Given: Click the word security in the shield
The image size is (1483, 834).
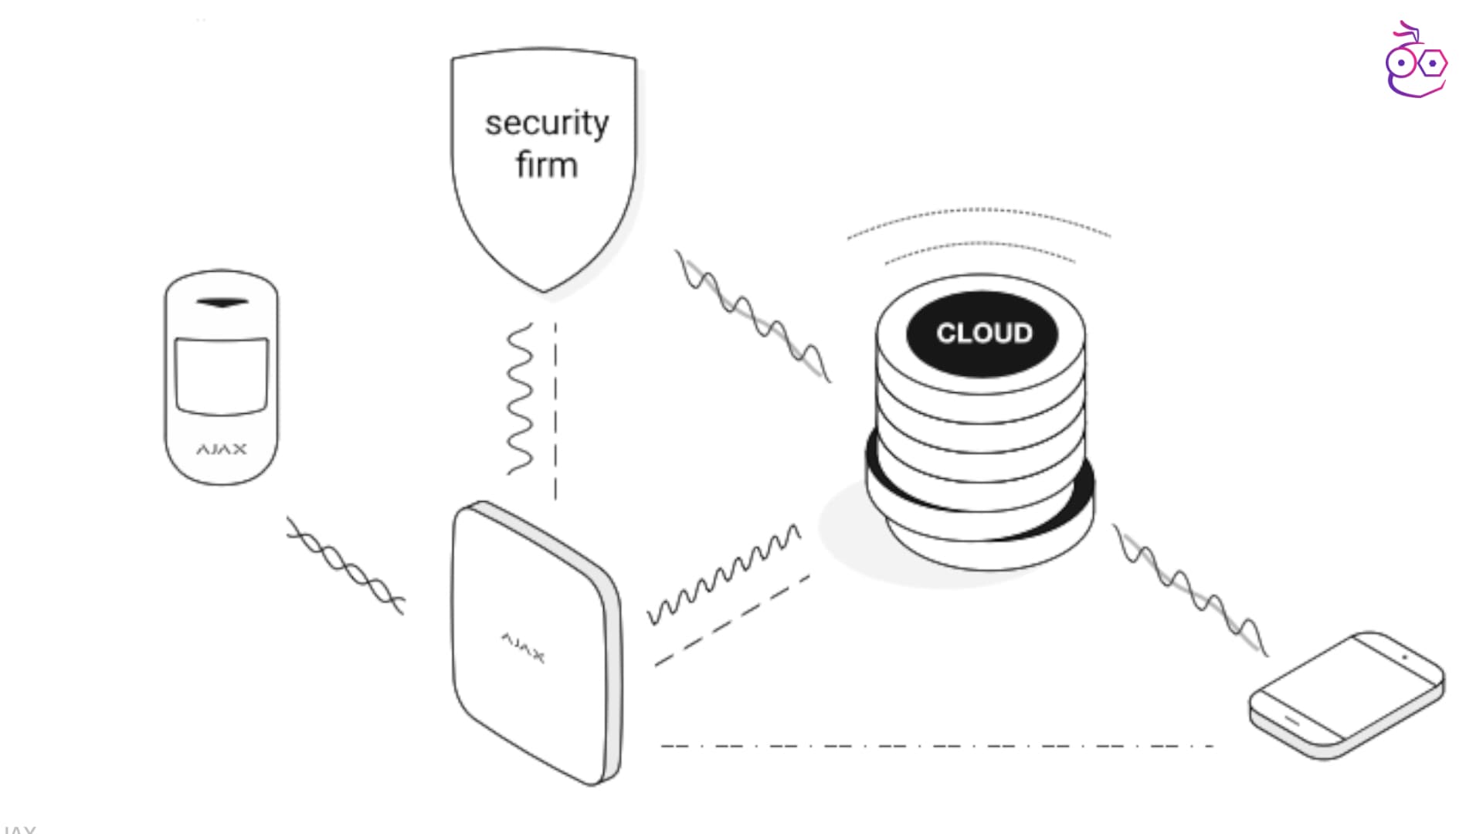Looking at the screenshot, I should (x=547, y=124).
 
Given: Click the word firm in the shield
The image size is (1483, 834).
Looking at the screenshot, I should (x=547, y=165).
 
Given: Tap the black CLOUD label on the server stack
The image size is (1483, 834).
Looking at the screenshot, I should (x=983, y=334).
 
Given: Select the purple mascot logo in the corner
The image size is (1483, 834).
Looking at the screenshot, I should (x=1416, y=62).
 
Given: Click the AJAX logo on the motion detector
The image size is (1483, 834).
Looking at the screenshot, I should (x=222, y=449).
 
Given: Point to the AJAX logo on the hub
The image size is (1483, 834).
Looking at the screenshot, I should (x=523, y=647).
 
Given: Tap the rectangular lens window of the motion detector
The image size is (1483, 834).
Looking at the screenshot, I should (x=222, y=375).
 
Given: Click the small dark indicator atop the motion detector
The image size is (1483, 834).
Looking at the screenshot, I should (x=222, y=302).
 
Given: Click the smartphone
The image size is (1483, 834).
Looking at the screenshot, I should (x=1346, y=695).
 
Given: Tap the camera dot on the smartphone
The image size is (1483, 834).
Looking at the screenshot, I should (x=1404, y=657).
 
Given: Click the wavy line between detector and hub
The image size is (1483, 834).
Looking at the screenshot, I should (x=344, y=567).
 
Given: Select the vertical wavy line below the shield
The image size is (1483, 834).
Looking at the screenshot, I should (x=519, y=398).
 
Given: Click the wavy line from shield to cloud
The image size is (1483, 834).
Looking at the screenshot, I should (x=753, y=316).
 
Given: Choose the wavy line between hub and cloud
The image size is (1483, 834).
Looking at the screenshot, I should (x=724, y=575).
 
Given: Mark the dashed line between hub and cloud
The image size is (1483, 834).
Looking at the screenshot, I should (x=731, y=620).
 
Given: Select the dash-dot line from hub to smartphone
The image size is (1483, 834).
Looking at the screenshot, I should (x=936, y=746).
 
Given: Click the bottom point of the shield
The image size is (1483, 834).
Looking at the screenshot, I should (x=544, y=291).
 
